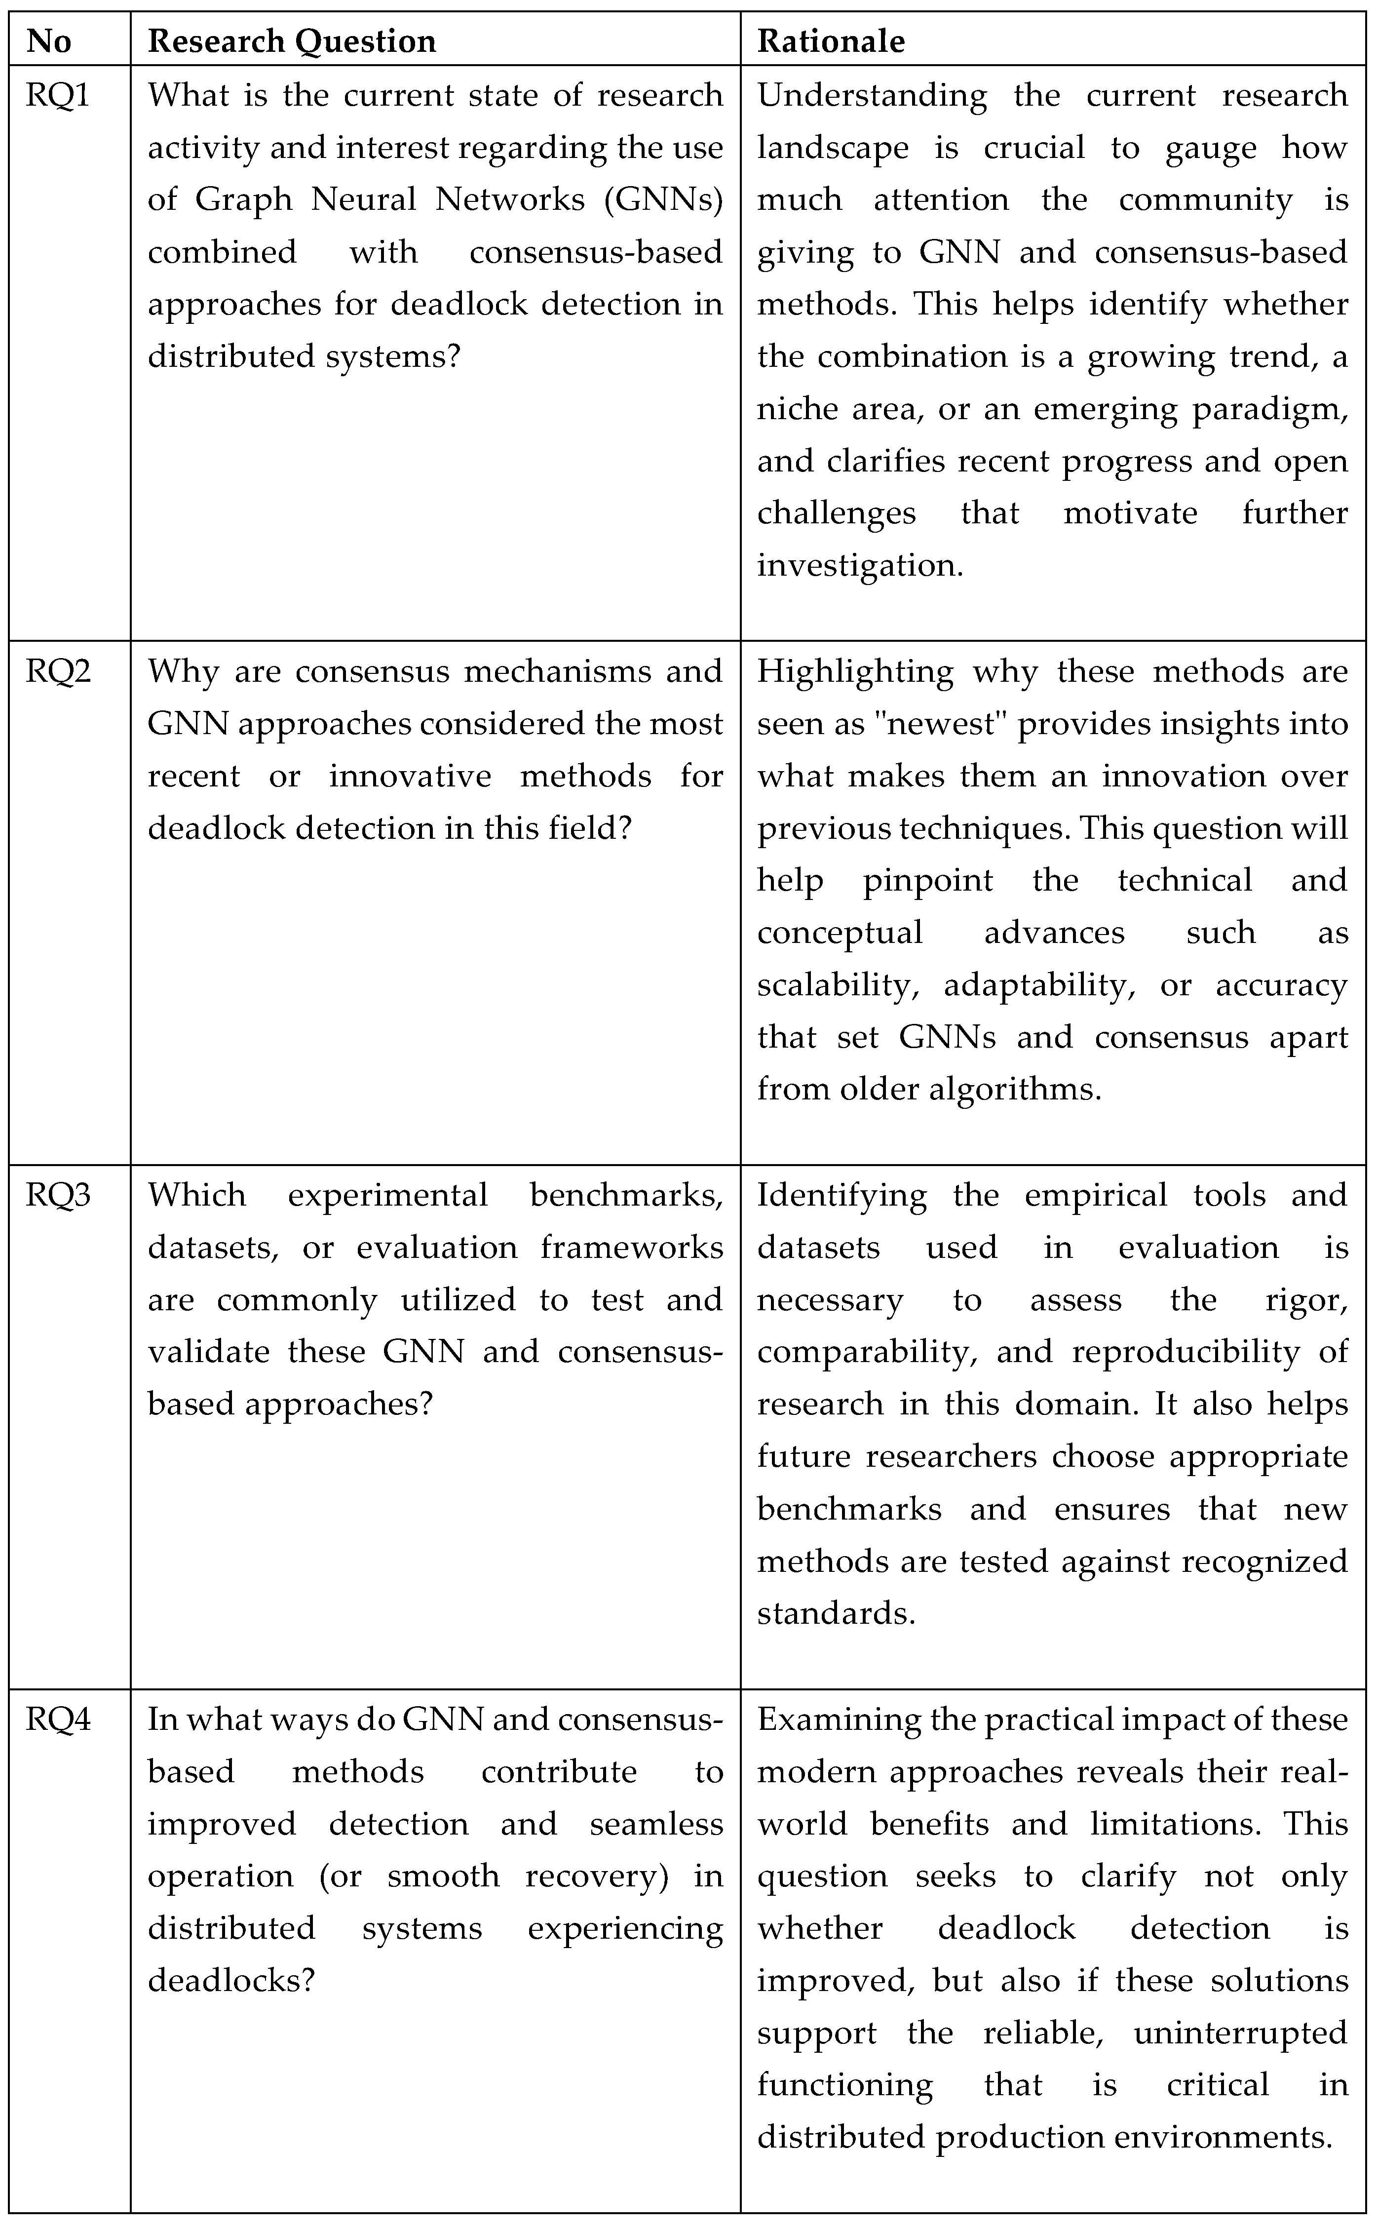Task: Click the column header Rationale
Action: (831, 41)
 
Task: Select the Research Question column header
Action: (291, 41)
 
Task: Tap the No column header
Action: (49, 41)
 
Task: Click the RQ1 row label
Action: (57, 95)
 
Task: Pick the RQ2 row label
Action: (57, 671)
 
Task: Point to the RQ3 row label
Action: (57, 1195)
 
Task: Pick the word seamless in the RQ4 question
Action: (656, 1825)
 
